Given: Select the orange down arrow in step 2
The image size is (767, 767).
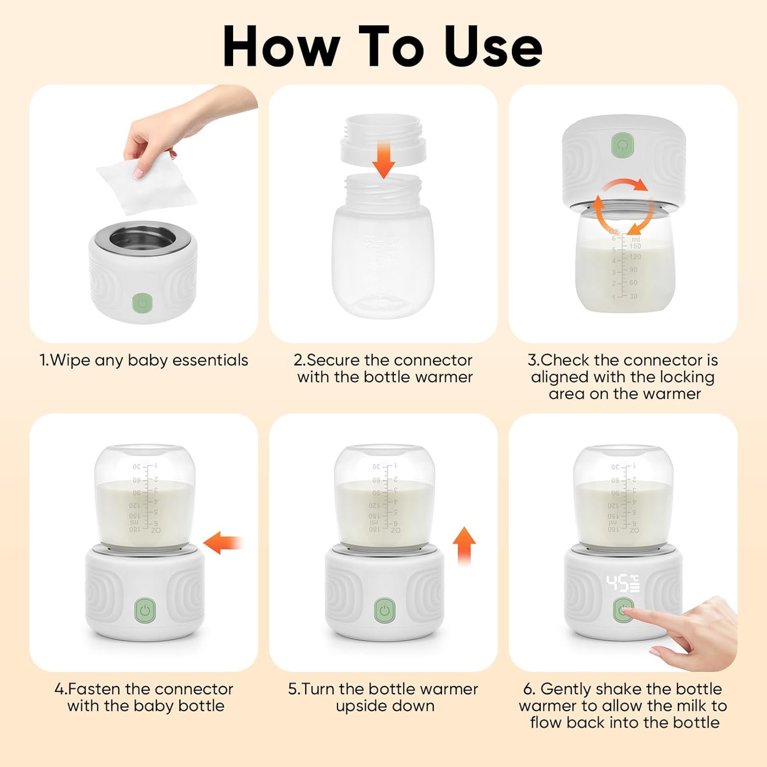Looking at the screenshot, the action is (383, 160).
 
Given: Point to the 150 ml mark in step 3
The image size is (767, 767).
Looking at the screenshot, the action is (635, 246).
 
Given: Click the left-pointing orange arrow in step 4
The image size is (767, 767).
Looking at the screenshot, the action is (222, 543).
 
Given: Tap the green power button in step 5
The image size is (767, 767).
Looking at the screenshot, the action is (385, 611).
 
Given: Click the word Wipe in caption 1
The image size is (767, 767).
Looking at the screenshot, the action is (71, 360).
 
